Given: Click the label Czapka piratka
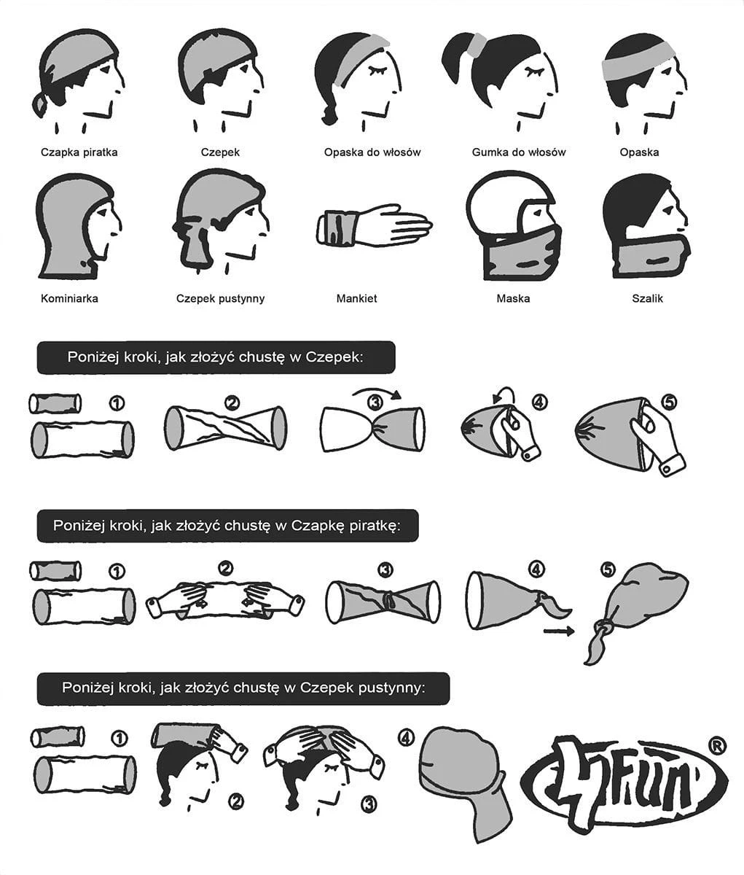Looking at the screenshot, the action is [x=79, y=152].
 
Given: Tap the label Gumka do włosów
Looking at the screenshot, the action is [x=519, y=152].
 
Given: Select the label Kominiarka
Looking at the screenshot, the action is [x=69, y=298].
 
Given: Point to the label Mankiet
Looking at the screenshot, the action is [x=356, y=298].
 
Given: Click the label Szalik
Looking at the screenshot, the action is [x=647, y=298].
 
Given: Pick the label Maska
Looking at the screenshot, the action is [x=513, y=298].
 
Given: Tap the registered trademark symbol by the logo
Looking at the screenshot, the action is [x=716, y=747].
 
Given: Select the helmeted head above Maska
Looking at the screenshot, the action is [x=514, y=225].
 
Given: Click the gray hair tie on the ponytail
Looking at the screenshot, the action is [x=479, y=45].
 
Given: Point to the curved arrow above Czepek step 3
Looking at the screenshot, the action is [x=377, y=391].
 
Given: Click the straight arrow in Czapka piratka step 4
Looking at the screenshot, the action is [x=559, y=631].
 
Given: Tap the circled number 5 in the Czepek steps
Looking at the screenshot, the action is [x=669, y=402].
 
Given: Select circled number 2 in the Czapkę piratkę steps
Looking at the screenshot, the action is [x=225, y=568].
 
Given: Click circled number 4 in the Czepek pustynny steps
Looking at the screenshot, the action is [x=404, y=739].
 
